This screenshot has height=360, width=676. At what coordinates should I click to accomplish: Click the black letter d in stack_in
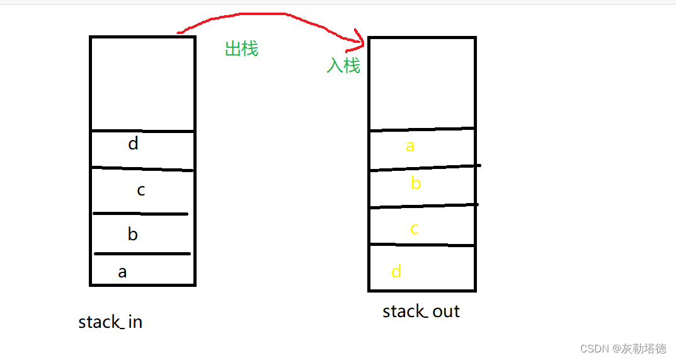pos(133,144)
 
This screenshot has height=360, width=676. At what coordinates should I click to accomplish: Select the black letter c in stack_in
pos(141,190)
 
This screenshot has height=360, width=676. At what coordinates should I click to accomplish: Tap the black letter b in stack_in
pos(132,235)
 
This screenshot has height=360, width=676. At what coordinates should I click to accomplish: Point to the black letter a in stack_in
pos(122,272)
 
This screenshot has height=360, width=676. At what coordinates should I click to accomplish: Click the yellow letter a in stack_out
pos(410,147)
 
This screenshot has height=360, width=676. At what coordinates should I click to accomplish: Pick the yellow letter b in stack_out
pos(415,183)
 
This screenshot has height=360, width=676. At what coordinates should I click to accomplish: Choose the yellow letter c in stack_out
pos(414,229)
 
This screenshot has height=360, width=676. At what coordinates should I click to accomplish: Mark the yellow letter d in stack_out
pos(396,272)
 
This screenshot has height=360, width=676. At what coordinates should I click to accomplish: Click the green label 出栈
pos(241,49)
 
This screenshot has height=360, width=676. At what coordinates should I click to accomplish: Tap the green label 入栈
pos(343,65)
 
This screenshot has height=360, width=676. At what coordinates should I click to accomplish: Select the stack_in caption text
pos(110,322)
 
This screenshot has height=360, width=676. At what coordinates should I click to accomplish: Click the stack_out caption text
pos(421,311)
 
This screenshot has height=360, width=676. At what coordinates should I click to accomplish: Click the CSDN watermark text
pos(622,349)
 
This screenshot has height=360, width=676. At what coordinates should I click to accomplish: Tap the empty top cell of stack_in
pos(142,83)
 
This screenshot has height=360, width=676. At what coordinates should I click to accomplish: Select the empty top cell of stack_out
pos(421,83)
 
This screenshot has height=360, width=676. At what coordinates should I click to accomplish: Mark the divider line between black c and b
pos(141,214)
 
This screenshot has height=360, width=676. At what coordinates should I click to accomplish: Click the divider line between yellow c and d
pos(421,245)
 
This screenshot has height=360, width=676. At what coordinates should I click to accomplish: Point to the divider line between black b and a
pos(142,253)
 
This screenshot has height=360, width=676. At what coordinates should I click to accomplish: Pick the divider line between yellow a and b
pos(421,168)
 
